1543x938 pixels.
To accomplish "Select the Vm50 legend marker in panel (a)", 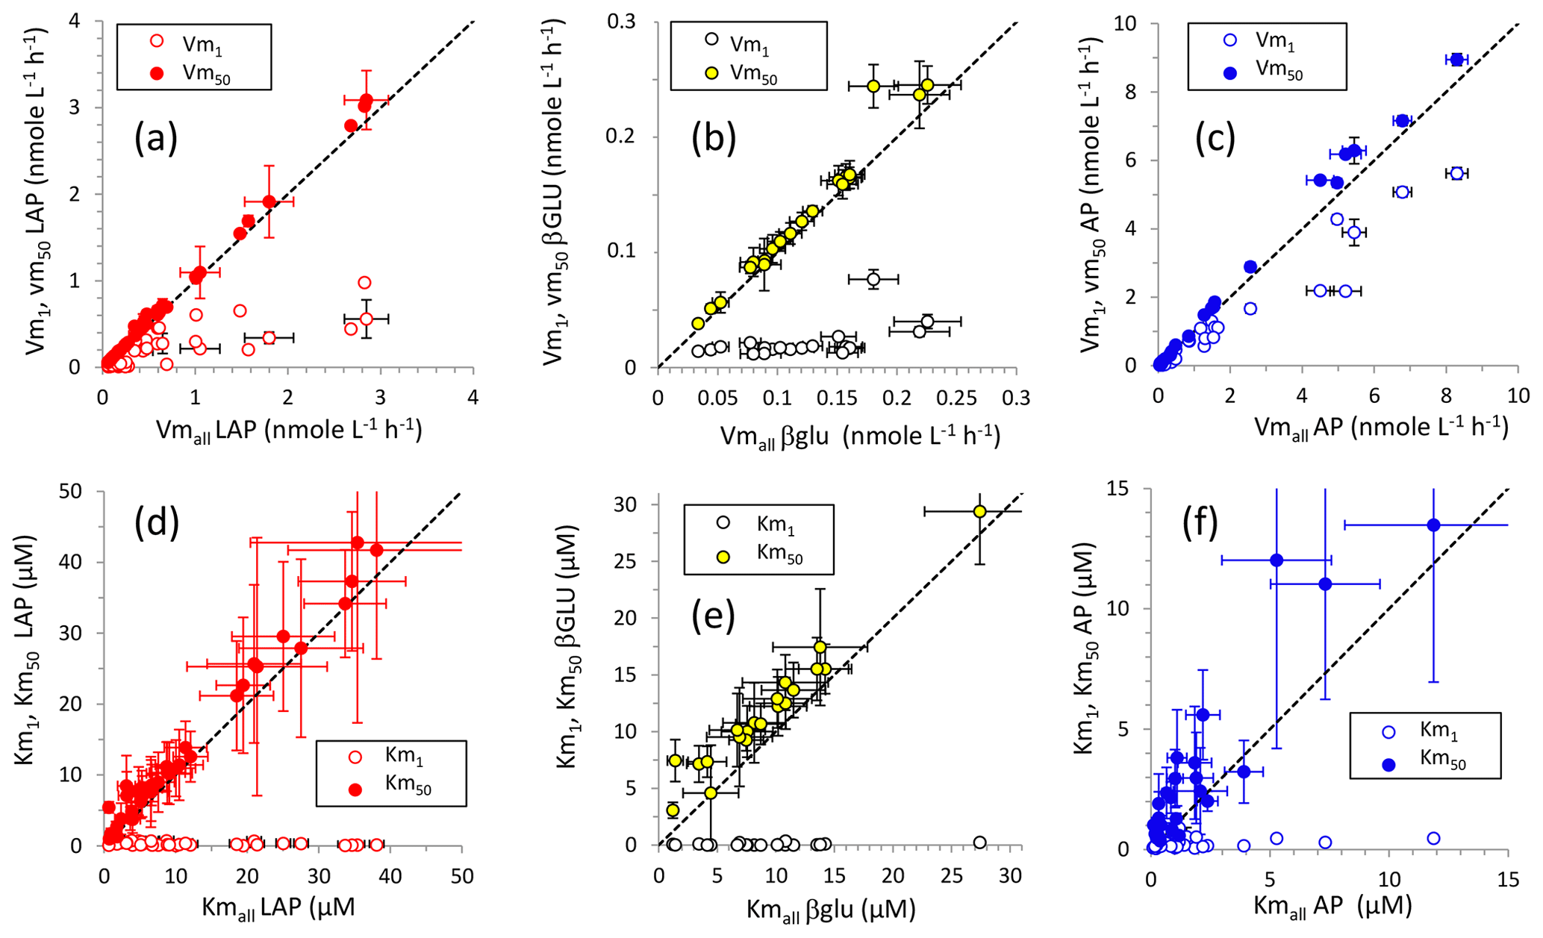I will click(157, 73).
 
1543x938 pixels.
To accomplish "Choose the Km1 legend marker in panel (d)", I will click(356, 757).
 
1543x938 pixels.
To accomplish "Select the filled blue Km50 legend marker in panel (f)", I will click(1388, 763).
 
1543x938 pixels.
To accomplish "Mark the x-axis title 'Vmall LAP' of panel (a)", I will click(289, 431).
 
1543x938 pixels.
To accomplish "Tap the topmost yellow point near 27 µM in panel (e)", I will click(979, 512).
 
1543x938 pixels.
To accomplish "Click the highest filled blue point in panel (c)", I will click(1456, 60).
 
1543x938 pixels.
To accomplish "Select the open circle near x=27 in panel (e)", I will click(979, 842).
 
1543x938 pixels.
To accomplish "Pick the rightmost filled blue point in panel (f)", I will click(1433, 525).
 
